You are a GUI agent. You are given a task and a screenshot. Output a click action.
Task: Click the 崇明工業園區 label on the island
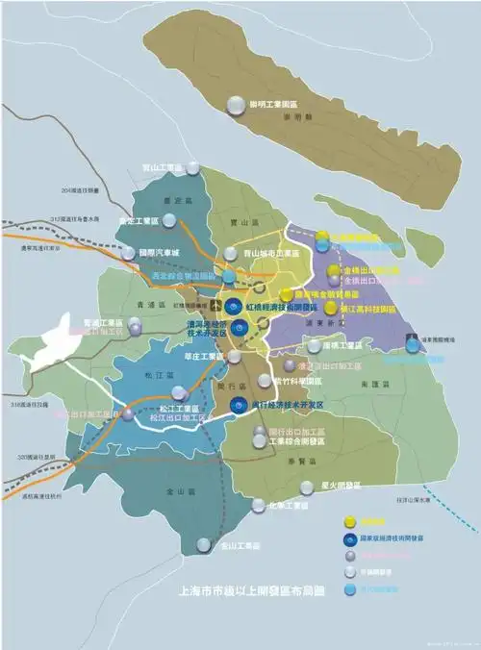click(274, 103)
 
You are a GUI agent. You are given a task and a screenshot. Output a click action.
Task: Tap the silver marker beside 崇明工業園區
click(236, 106)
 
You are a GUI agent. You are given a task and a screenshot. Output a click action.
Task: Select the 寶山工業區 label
click(161, 167)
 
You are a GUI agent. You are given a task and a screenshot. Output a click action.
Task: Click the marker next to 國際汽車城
click(129, 253)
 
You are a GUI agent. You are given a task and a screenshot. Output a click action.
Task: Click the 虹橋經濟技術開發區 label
click(290, 306)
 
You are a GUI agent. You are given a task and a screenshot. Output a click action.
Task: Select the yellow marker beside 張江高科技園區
click(331, 308)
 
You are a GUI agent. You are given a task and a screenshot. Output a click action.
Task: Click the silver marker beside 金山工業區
click(203, 544)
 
